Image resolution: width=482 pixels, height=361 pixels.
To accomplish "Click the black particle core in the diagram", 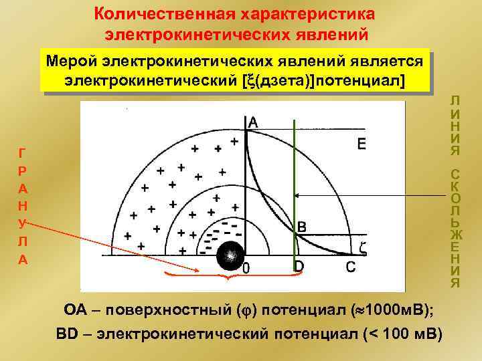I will pos(230,255).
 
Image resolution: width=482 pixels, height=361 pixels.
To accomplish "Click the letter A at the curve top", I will pos(253,122).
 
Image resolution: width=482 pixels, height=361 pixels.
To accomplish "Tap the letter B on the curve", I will pos(302,227).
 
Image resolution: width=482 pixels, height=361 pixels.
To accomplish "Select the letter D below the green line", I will pos(299,267).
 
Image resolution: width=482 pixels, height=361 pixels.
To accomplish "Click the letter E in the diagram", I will pos(361,144).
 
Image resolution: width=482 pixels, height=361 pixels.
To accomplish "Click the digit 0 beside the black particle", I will pos(246,269).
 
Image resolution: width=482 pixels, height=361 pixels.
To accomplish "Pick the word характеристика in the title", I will pos(312,13).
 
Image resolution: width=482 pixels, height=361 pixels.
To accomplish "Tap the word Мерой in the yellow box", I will pos(71,62).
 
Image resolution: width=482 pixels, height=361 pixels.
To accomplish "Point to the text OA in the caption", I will pos(74,310).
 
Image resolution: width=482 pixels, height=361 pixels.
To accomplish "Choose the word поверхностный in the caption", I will pos(166,310).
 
